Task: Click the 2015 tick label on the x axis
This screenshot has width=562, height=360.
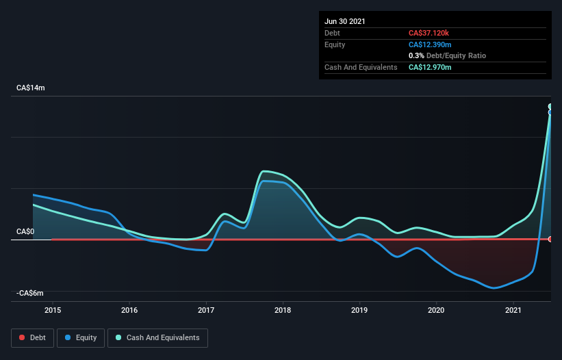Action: click(53, 310)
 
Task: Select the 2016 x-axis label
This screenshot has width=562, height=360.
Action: click(129, 310)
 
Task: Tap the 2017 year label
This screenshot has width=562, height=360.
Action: click(206, 310)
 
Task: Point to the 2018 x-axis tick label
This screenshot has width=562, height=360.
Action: click(283, 310)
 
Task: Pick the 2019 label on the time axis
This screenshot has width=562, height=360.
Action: click(359, 310)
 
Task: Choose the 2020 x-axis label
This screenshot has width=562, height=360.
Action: click(436, 310)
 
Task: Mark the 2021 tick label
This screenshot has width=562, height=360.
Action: click(513, 310)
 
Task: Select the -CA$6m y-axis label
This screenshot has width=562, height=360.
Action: click(31, 293)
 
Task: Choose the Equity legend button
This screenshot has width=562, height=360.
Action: click(80, 337)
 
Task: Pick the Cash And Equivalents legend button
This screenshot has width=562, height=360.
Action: click(157, 337)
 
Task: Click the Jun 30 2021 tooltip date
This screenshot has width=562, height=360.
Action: click(345, 21)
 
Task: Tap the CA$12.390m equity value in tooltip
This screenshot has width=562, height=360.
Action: click(430, 44)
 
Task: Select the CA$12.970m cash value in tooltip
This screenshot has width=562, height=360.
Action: click(430, 67)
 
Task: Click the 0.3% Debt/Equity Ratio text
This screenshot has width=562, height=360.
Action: click(447, 55)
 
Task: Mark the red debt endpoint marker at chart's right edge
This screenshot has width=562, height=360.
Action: click(550, 239)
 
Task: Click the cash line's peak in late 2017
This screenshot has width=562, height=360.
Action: click(264, 171)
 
